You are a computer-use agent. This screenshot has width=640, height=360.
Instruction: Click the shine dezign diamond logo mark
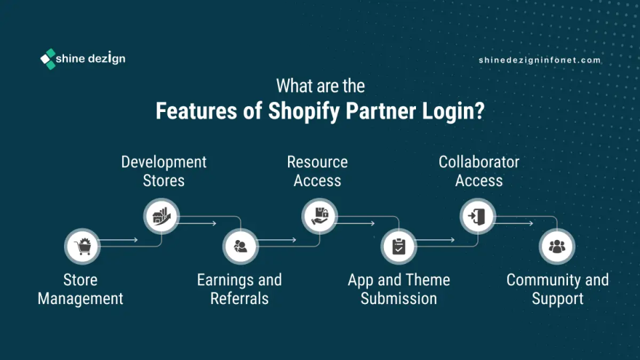pos(48,59)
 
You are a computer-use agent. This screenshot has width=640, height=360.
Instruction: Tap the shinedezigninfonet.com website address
pos(539,60)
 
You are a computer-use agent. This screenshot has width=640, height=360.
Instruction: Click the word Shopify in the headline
pos(303,111)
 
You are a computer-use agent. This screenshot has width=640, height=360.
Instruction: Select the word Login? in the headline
pos(453,111)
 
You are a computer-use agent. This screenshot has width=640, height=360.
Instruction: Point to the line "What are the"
pos(321,86)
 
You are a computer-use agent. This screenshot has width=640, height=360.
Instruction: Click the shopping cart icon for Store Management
pos(82,247)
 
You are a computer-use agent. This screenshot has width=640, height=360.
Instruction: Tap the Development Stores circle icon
pos(161,216)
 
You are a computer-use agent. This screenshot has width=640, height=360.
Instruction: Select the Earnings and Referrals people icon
pos(241,247)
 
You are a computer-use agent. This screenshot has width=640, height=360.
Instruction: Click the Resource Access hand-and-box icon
pos(319,216)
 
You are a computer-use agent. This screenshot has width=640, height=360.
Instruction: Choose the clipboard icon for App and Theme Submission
pos(399,247)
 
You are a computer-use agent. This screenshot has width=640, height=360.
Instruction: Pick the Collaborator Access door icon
pos(478,216)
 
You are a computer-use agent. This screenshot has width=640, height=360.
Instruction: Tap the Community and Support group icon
pos(557,247)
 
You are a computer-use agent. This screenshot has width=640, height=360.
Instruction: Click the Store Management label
pos(81,289)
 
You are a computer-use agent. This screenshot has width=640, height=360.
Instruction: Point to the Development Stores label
pos(164,171)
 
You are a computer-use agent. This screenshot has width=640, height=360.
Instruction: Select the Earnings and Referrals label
pos(239,289)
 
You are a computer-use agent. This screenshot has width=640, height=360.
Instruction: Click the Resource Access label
pos(317,171)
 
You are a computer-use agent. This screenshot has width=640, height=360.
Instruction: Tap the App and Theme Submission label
pos(399,289)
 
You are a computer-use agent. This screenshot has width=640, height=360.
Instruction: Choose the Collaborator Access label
pos(479,171)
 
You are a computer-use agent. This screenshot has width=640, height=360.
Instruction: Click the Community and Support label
pos(557,289)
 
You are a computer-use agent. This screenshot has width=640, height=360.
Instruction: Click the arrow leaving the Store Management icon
pos(119,240)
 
